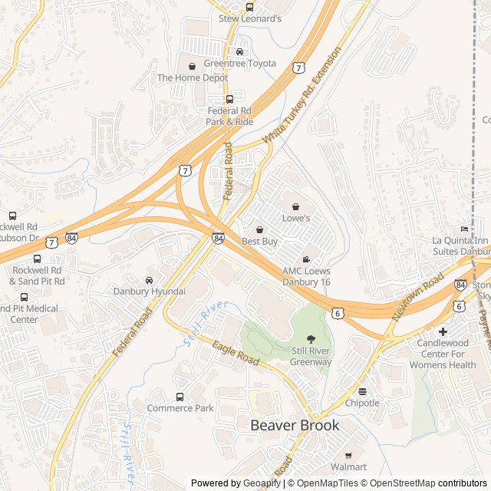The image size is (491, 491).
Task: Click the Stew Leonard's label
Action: coord(250,18)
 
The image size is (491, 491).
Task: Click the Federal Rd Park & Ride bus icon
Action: coord(229,99)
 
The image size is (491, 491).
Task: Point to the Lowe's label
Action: coord(296,218)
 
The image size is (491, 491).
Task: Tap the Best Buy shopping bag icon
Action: coord(259,229)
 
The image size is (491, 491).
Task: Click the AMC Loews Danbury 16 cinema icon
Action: coord(306,259)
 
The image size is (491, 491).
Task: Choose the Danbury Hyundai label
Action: coord(150,292)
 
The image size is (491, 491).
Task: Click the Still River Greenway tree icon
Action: coord(311,339)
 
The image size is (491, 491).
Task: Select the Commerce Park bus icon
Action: coord(180,397)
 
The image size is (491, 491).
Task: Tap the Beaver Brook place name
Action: coord(295,425)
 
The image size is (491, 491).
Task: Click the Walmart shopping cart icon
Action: coord(348,455)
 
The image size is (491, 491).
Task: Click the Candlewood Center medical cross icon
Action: coord(443,331)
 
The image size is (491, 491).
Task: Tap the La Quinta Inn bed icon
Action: coord(463,229)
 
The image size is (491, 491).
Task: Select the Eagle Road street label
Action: coord(236,354)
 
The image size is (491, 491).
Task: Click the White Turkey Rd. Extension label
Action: coord(302,95)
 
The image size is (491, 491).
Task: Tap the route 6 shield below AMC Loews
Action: coord(338,312)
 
